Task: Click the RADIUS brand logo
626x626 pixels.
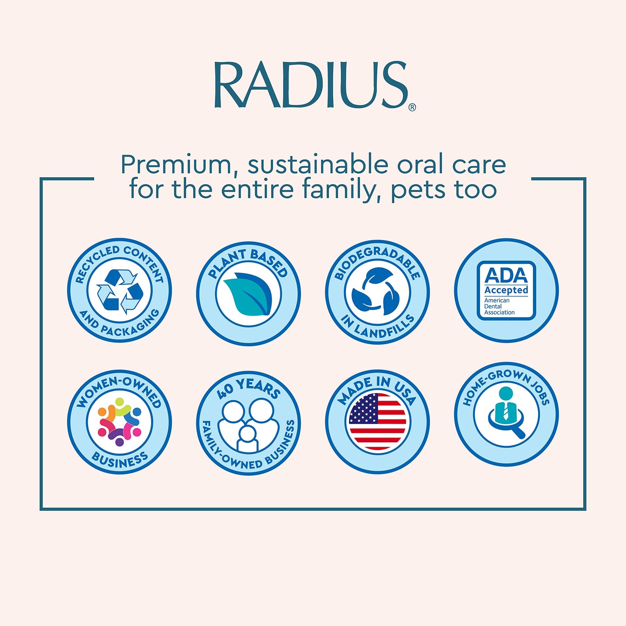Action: point(311,85)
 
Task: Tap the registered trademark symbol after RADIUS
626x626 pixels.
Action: point(412,107)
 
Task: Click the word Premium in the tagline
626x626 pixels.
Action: point(176,165)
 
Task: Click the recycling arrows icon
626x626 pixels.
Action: point(120,291)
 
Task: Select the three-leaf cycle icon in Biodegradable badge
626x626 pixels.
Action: point(376,292)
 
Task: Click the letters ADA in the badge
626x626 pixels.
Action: point(506,276)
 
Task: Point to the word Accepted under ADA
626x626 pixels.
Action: point(506,290)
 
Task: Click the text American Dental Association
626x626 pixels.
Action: point(499,306)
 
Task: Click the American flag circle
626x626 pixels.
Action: point(377,422)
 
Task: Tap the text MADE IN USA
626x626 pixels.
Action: point(376,388)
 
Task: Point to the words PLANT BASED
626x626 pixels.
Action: point(248,262)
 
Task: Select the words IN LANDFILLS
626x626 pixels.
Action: point(377,328)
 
